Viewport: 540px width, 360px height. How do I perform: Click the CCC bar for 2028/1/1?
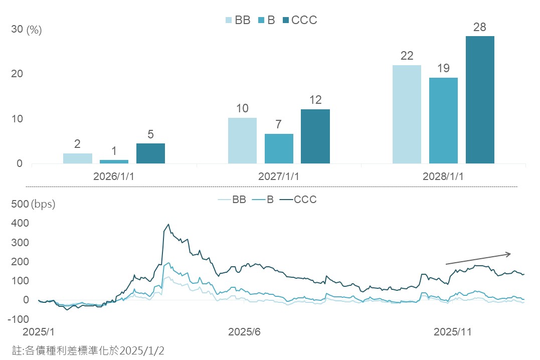point(480,100)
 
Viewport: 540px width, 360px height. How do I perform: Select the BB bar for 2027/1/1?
point(242,140)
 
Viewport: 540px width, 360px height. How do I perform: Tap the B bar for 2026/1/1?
point(114,161)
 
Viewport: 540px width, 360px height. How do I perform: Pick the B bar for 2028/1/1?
point(443,120)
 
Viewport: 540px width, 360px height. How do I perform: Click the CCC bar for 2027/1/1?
point(315,136)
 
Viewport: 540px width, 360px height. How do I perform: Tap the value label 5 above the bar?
point(150,135)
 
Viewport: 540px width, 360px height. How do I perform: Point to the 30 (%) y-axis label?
point(26,30)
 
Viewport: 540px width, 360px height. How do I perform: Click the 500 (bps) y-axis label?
point(33,205)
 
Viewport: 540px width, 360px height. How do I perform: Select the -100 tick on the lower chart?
point(20,319)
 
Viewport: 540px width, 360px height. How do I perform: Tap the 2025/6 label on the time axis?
point(244,332)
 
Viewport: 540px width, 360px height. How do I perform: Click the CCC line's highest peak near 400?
point(168,225)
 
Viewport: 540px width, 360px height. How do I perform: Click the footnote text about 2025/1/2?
point(88,350)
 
